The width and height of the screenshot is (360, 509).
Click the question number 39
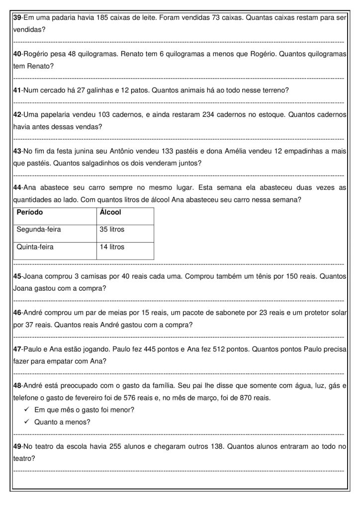(17, 17)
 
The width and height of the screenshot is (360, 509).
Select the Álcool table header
(110, 212)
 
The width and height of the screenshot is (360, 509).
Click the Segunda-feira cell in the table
(39, 230)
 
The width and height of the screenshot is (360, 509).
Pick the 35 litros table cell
(112, 230)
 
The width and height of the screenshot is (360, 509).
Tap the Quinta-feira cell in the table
(35, 247)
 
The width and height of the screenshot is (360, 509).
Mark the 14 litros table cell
(112, 247)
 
